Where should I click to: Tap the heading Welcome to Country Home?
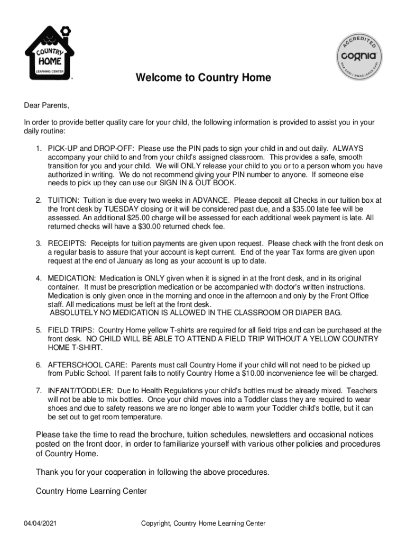(x=203, y=78)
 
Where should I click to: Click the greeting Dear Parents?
(x=47, y=105)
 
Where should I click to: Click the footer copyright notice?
(x=203, y=523)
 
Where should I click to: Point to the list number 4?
(x=39, y=278)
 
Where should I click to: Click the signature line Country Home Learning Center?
(x=91, y=491)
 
